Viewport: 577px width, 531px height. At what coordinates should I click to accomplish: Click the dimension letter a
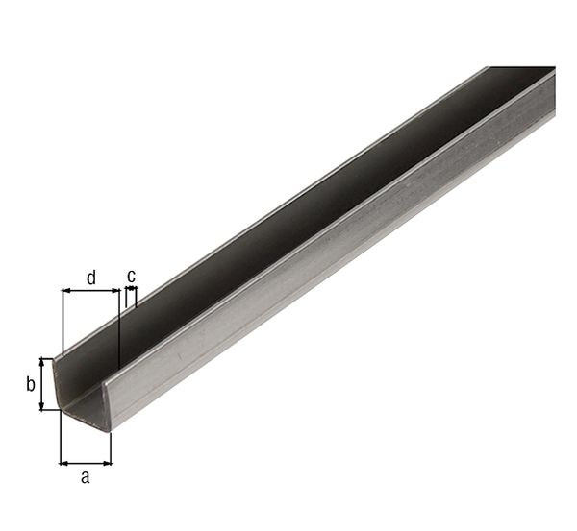point(85,477)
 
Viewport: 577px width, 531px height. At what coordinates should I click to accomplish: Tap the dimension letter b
point(30,385)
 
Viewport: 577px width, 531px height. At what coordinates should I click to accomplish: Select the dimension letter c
point(131,276)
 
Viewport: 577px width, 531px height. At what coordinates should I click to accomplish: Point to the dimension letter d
point(91,278)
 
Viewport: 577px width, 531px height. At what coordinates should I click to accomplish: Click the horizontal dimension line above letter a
point(85,462)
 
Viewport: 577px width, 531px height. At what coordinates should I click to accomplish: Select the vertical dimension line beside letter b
point(42,384)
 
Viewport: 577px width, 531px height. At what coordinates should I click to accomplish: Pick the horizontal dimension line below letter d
point(90,291)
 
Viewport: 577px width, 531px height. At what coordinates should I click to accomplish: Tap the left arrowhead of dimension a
point(63,462)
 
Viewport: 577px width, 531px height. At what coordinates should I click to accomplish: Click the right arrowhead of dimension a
point(107,462)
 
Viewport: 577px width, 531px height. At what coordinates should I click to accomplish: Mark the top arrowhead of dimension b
point(42,361)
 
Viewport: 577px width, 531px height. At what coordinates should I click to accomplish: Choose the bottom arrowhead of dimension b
point(42,406)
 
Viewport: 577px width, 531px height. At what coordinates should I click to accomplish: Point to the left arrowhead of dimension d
point(65,291)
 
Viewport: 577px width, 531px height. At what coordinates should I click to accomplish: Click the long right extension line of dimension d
point(118,326)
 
